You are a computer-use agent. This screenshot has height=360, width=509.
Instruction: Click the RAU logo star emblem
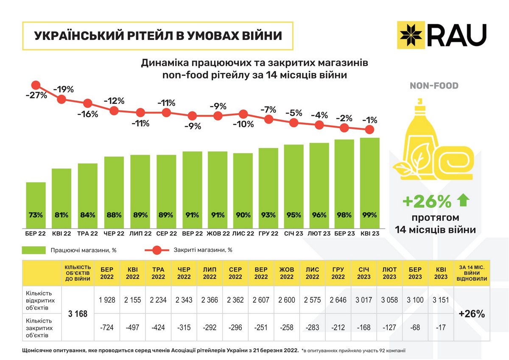point(410,34)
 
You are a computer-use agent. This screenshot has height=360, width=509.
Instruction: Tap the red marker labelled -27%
point(36,85)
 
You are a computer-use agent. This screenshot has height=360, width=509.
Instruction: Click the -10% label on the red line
point(243,124)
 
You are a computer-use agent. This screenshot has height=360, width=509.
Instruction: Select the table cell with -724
point(107,327)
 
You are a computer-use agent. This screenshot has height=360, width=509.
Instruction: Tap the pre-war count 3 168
point(78,314)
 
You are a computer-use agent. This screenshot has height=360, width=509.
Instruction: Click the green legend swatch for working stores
point(34,250)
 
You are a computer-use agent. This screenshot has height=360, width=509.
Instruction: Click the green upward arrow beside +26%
point(463,201)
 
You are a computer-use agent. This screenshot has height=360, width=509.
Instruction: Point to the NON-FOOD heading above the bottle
point(434,86)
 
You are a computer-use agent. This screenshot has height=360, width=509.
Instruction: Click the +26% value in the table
point(472,314)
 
